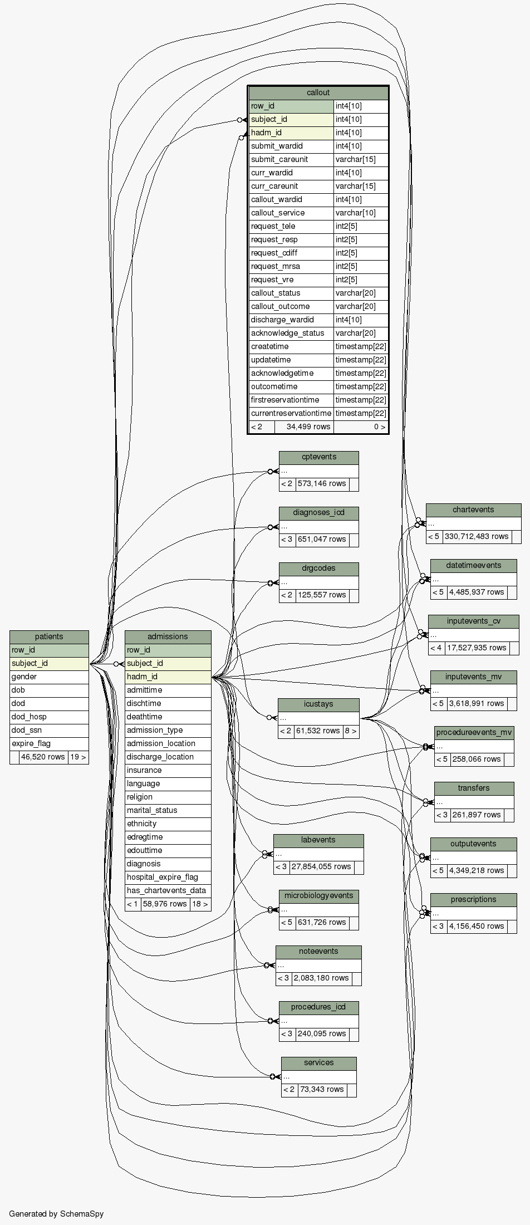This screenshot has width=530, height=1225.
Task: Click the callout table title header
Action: (x=318, y=92)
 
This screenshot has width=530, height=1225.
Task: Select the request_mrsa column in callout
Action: (x=276, y=266)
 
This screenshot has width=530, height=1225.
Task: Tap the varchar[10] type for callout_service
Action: (x=355, y=213)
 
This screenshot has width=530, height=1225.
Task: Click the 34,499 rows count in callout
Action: (x=308, y=427)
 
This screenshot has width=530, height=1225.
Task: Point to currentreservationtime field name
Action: (x=291, y=413)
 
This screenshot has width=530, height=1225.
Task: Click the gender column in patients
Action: (x=24, y=677)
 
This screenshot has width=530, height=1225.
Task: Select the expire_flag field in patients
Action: (x=31, y=743)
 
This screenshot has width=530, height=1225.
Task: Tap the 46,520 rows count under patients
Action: (x=43, y=757)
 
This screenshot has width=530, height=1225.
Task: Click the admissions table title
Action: (x=168, y=636)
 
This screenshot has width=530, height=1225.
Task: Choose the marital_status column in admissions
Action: (x=152, y=810)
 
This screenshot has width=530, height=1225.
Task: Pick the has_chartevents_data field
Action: (x=166, y=890)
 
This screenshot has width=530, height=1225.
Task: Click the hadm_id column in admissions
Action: (x=142, y=677)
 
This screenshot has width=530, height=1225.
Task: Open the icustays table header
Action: (x=318, y=704)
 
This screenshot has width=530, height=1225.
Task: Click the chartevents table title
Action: (x=473, y=509)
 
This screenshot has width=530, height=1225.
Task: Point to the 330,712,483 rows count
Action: (x=477, y=536)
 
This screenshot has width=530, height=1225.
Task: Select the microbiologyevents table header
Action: (x=318, y=895)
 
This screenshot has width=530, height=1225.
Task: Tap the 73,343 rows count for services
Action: (x=321, y=1089)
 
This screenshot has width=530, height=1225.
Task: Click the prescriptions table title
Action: (x=473, y=899)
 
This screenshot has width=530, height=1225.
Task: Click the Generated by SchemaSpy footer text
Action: (x=56, y=1214)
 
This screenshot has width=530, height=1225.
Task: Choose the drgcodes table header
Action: (x=318, y=568)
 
